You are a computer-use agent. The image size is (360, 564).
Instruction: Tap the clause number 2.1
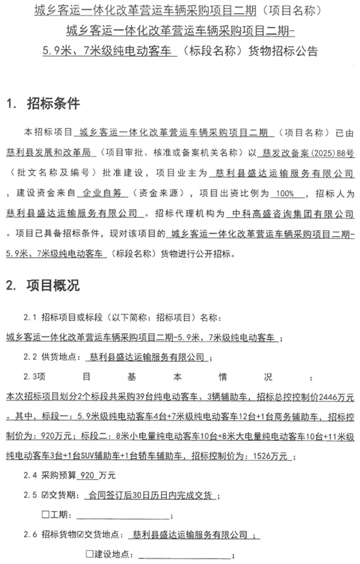(29, 317)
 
